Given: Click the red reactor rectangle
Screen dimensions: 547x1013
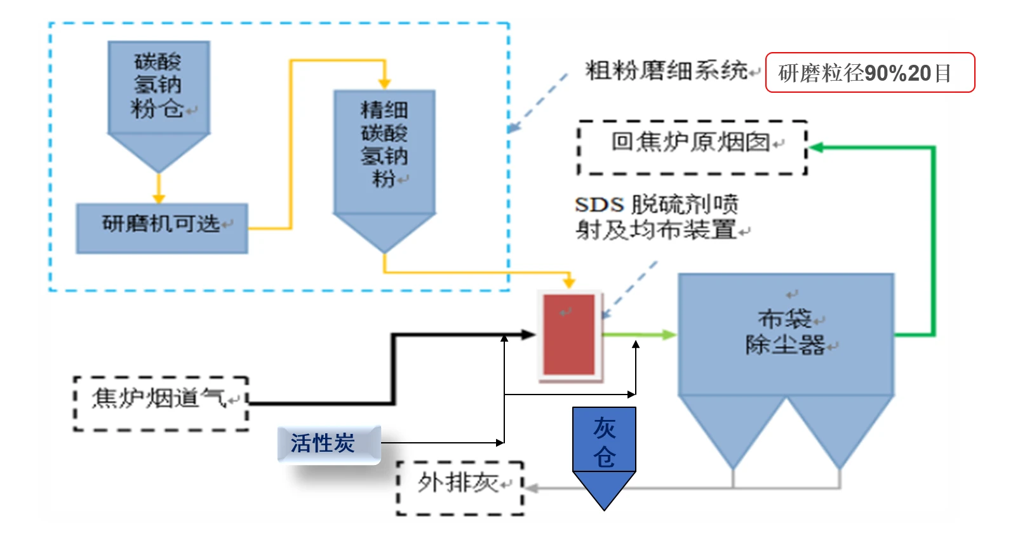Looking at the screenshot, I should click(569, 334).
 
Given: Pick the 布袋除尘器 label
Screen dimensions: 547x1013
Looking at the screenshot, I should click(786, 332).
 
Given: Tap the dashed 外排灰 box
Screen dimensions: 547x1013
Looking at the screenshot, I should click(460, 487).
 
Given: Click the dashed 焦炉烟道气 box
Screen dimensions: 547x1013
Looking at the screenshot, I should click(161, 403).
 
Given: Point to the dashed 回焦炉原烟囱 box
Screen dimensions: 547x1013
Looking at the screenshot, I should click(692, 147).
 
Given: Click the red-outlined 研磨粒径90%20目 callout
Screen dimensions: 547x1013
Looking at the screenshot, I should click(869, 73).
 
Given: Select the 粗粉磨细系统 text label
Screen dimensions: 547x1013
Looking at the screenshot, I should click(666, 71).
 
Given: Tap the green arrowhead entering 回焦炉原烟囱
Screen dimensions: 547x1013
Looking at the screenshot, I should click(817, 147).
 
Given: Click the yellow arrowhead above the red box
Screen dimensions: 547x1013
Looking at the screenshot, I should click(569, 281).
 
